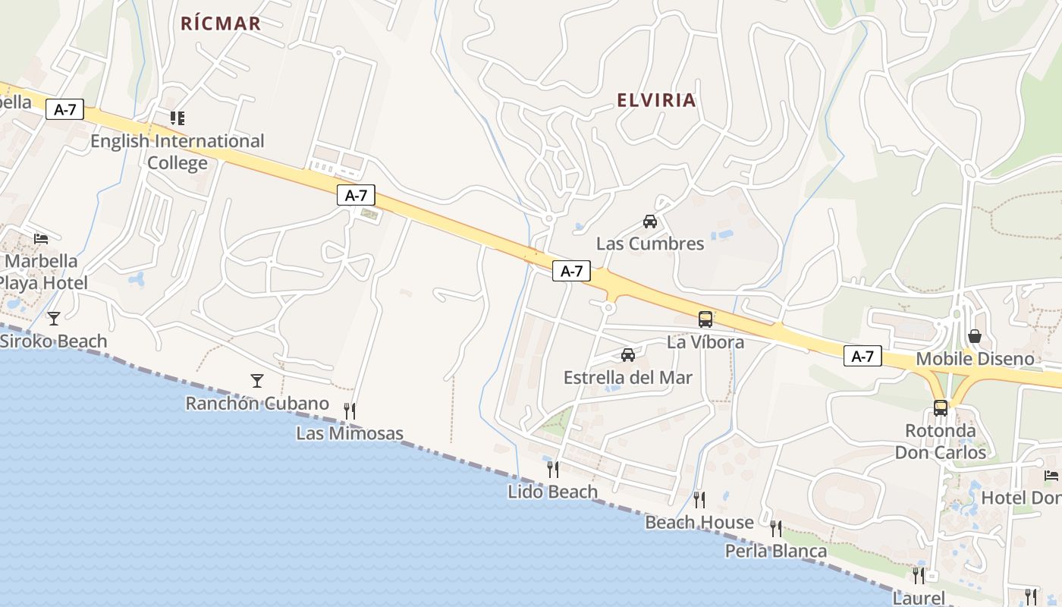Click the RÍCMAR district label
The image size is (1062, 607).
(x=221, y=24)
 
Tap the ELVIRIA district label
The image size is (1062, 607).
(x=656, y=100)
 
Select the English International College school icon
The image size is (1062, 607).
(x=178, y=118)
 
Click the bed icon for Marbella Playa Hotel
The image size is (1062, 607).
(x=41, y=238)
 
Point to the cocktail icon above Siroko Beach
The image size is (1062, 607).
(x=53, y=318)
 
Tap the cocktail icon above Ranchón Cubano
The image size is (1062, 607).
(x=257, y=380)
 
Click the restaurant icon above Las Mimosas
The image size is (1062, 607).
(x=350, y=410)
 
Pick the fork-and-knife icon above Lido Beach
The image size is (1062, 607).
(x=553, y=469)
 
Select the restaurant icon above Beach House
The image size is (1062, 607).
(x=699, y=499)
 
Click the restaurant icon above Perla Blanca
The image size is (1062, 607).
(x=776, y=528)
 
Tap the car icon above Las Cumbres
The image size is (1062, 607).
(x=650, y=222)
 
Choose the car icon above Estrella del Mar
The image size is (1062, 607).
(x=628, y=354)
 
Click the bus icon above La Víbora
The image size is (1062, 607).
(x=705, y=319)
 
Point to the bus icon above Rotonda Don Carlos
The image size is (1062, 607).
(x=941, y=408)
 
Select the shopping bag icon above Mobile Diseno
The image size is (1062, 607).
(x=975, y=335)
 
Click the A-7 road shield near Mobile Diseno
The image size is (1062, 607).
(x=862, y=356)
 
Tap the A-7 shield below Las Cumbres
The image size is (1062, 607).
(x=571, y=271)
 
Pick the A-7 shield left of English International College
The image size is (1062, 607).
(x=64, y=109)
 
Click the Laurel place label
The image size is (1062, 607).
(x=919, y=598)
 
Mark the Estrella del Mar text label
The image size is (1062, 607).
(x=628, y=377)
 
